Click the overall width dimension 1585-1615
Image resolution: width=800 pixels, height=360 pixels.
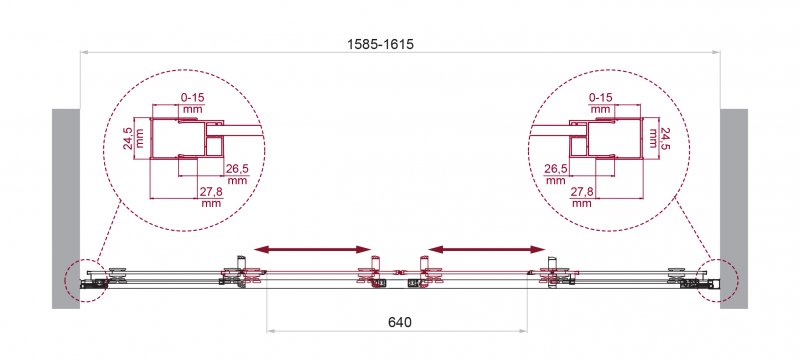pos(380,44)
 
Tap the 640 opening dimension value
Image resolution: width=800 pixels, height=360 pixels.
pos(399,322)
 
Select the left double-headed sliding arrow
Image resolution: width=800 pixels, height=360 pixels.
pos(312,249)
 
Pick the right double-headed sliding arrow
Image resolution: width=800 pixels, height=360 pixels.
pos(487,249)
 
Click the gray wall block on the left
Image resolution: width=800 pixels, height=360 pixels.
pos(66,209)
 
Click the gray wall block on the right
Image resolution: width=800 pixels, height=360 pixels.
pos(734,209)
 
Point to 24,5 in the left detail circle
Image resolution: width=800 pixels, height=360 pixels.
pos(129,138)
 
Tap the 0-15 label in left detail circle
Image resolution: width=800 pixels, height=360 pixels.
pos(193,97)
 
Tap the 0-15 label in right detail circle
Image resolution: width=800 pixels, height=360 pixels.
pos(600,97)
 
